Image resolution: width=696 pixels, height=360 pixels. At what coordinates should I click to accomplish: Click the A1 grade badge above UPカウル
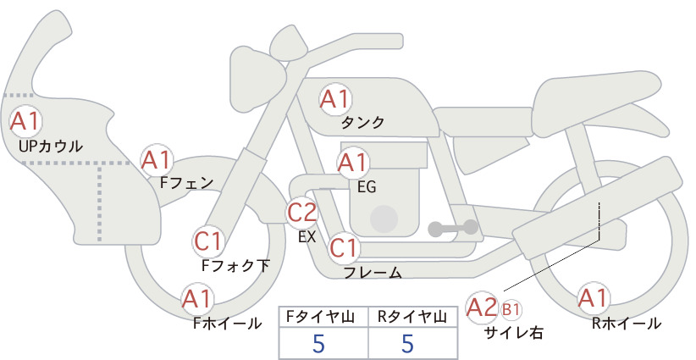[25, 122]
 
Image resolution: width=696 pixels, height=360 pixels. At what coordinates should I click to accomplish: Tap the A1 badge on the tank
[335, 100]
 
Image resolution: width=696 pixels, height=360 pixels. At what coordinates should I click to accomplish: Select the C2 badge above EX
[301, 212]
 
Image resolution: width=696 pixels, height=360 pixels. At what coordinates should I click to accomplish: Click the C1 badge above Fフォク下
[208, 242]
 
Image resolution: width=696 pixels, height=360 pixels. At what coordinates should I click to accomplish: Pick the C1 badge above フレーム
[343, 247]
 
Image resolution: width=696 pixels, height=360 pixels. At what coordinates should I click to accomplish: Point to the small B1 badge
[511, 310]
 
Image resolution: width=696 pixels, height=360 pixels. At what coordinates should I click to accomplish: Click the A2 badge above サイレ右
[482, 307]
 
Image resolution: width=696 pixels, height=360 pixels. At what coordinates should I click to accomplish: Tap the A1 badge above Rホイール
[593, 298]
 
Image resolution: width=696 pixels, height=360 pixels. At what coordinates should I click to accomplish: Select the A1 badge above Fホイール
[197, 299]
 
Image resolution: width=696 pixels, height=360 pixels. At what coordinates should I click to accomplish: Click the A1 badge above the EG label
[352, 163]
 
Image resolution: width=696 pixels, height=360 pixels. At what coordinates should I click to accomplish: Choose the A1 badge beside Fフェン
[157, 160]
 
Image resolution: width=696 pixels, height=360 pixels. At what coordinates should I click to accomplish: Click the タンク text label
[362, 123]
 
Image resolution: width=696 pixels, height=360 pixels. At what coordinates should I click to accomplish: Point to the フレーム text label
[373, 273]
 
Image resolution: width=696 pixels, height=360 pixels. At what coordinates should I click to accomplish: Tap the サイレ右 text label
[514, 333]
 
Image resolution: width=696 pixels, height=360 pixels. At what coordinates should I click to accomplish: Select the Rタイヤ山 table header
[412, 317]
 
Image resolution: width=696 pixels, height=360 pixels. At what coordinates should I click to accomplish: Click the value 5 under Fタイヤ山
[318, 343]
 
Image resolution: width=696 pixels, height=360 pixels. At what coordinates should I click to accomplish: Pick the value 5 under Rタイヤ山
[407, 343]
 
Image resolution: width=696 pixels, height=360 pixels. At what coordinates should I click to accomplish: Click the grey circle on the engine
[384, 219]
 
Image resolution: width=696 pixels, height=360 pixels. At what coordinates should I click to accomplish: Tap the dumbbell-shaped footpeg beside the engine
[453, 228]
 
